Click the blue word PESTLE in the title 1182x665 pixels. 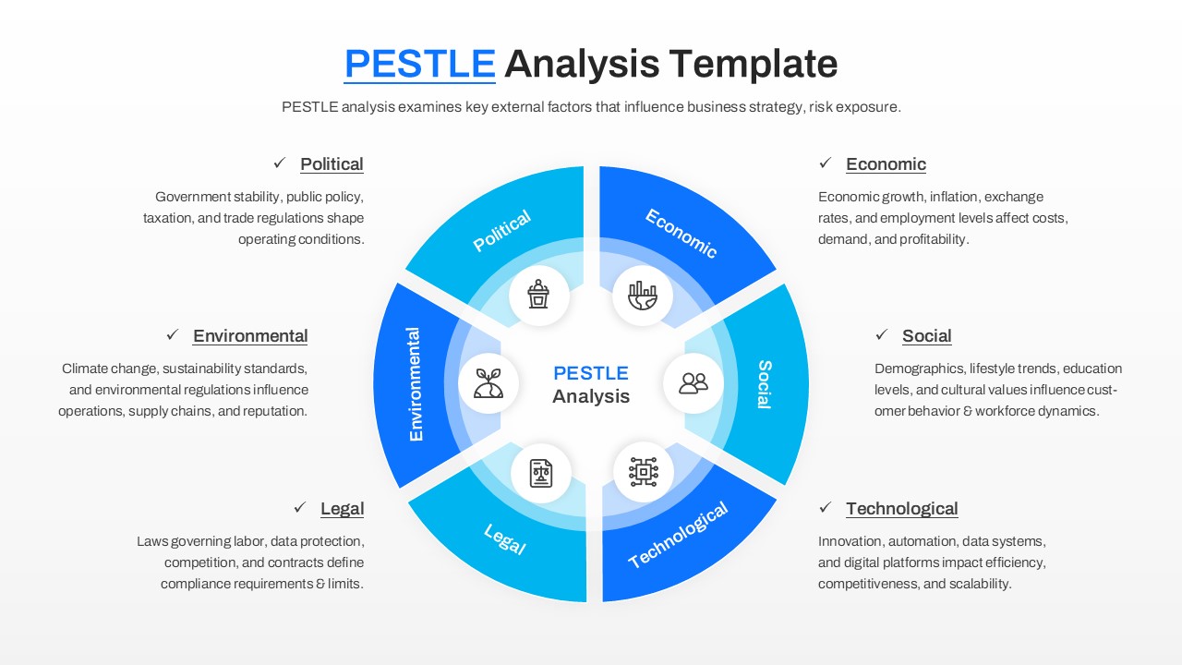point(419,64)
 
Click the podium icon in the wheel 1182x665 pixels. point(538,295)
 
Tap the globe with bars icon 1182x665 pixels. point(643,296)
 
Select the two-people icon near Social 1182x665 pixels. point(694,382)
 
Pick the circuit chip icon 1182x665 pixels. point(643,472)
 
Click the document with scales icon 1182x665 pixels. point(540,473)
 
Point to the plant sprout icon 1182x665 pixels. point(488,382)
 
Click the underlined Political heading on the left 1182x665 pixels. point(332,164)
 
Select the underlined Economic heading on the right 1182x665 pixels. point(886,164)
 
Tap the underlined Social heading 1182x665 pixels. point(926,336)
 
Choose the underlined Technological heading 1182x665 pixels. point(901,509)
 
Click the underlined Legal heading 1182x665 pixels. point(342,509)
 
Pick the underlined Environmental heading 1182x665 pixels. point(250,336)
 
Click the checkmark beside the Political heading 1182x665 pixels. point(280,163)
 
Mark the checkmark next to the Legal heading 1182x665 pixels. point(300,508)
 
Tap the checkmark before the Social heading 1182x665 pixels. point(882,335)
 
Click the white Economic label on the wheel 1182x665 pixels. point(681,234)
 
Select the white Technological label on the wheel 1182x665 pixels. point(678,535)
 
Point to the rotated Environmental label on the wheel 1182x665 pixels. point(415,383)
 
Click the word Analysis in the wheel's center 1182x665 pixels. point(591,396)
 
